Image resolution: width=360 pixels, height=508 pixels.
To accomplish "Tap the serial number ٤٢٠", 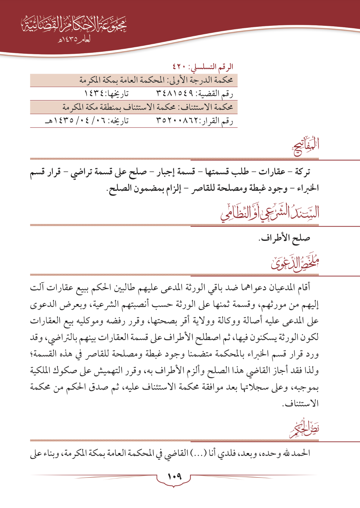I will coord(179,67).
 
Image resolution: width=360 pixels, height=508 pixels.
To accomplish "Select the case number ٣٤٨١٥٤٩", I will coord(175,94).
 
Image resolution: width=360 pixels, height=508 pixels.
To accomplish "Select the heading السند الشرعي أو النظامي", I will coord(270,213).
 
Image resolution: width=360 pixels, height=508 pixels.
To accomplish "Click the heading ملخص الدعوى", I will coord(295,263).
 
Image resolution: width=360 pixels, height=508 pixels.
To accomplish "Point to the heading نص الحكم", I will coord(304,429).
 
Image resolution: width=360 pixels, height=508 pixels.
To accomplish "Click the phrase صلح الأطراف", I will coord(284,238).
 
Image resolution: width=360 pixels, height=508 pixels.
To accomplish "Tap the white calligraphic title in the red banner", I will coord(74,24).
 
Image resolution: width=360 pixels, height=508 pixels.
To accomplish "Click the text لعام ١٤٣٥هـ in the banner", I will coord(74,40).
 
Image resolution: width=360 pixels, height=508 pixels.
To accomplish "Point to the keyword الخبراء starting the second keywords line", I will coord(308,188).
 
